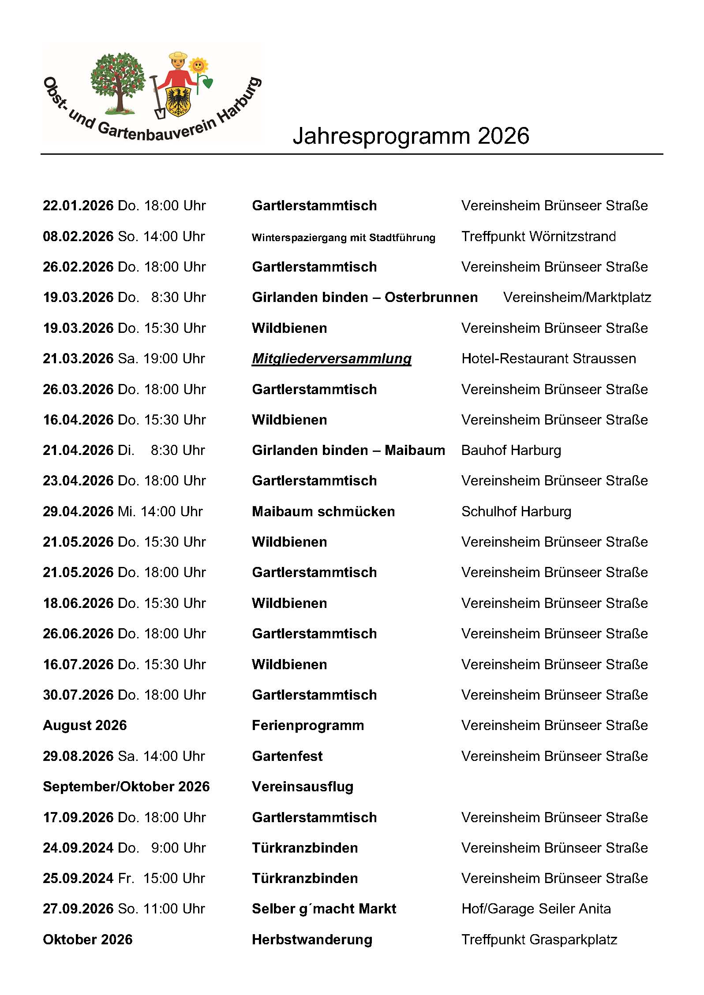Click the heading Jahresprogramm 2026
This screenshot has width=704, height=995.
click(x=411, y=136)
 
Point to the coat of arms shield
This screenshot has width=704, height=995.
click(x=178, y=101)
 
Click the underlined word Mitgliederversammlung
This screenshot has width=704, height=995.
click(x=331, y=359)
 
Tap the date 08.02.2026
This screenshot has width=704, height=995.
click(x=78, y=237)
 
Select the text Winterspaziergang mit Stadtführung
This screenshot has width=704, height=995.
click(x=343, y=238)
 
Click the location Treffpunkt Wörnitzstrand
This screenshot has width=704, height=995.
click(x=538, y=237)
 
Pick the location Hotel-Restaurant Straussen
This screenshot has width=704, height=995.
click(x=548, y=359)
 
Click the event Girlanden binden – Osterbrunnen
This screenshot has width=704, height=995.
click(x=364, y=298)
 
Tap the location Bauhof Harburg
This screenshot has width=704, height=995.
click(x=511, y=451)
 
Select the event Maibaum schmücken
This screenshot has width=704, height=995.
click(x=323, y=512)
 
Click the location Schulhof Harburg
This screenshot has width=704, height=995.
click(x=516, y=512)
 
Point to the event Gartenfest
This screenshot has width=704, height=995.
click(x=287, y=756)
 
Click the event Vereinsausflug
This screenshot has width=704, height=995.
click(x=303, y=787)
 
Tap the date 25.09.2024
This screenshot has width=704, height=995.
click(x=78, y=879)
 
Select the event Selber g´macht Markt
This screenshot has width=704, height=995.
click(x=324, y=909)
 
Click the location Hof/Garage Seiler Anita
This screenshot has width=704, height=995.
click(x=536, y=909)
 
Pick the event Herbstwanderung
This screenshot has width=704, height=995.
click(x=312, y=940)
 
